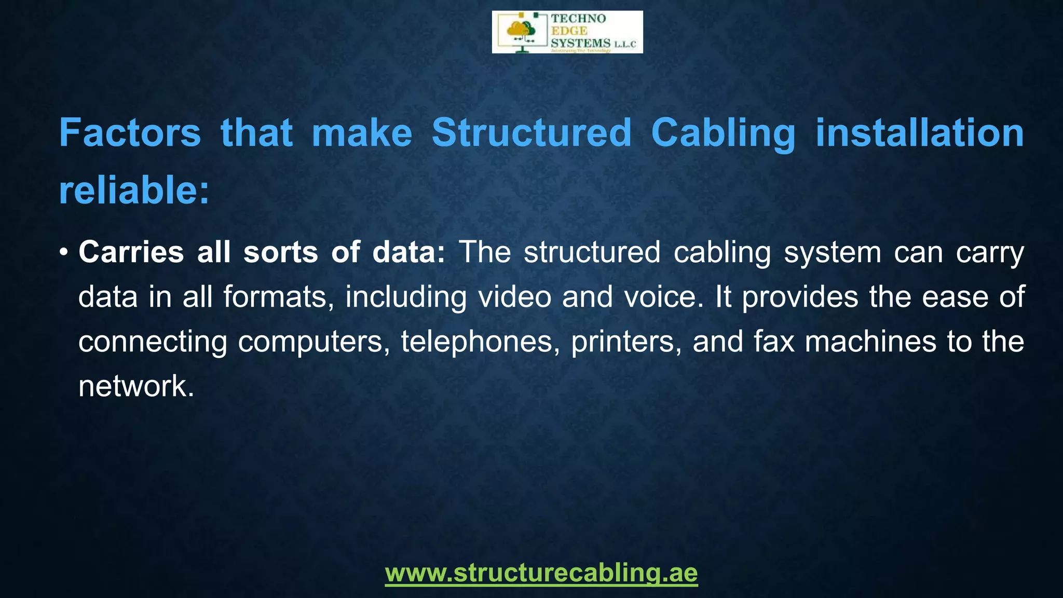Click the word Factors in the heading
pos(130,133)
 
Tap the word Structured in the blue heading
pos(531,133)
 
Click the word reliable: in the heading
pos(134,191)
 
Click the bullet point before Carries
pos(63,253)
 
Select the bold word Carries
pos(131,252)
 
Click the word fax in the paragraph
pos(774,342)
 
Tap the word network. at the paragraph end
pos(136,386)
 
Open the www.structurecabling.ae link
pos(541,573)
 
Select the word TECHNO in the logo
pos(578,19)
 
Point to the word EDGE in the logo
pos(569,31)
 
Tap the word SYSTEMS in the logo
pos(580,43)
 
